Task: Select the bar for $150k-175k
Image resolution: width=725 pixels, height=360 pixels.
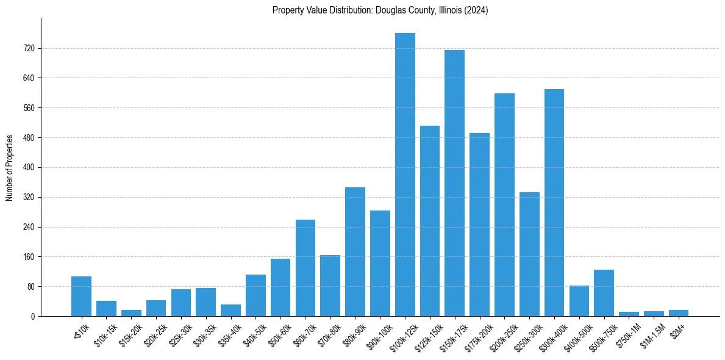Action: (454, 183)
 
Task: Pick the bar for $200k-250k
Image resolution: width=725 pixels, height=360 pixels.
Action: (504, 204)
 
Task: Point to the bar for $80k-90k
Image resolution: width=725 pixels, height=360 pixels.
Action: (355, 251)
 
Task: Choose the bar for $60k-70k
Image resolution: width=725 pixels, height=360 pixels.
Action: (305, 268)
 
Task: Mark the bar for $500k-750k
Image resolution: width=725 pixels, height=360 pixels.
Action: (604, 293)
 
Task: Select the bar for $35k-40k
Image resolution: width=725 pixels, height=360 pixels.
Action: (230, 310)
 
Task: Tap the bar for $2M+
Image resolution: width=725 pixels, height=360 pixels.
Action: (678, 313)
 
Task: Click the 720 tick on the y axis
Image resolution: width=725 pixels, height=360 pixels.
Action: (29, 48)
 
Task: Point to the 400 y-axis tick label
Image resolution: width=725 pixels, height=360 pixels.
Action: (29, 168)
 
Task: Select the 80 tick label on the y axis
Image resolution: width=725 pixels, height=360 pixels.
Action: (30, 287)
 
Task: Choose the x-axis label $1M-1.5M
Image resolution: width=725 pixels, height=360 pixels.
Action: (652, 333)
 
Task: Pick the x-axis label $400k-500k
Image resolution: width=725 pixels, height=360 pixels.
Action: (578, 333)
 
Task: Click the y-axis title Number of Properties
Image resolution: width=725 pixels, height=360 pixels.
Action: (10, 167)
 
